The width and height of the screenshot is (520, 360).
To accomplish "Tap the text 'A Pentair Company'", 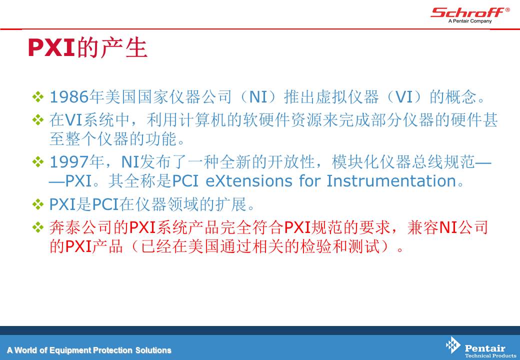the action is click(470, 21).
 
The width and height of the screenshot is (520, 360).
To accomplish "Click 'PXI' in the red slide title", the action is click(51, 47).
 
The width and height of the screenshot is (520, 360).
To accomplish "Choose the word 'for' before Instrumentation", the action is click(309, 181).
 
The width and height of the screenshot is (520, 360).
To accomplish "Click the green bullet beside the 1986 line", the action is click(38, 97).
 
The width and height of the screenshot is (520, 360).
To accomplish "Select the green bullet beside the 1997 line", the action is click(38, 162).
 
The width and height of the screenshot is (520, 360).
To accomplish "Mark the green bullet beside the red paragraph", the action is click(38, 227).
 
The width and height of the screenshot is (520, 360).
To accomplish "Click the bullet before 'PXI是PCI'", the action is click(38, 204).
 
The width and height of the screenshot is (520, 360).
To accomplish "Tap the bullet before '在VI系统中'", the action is click(38, 120).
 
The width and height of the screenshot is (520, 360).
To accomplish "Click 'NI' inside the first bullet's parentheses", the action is click(258, 97).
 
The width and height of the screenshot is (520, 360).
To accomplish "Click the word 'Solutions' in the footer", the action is click(153, 350).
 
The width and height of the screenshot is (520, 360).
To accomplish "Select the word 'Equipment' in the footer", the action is click(70, 350).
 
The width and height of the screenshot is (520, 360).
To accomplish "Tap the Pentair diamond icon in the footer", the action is click(452, 345).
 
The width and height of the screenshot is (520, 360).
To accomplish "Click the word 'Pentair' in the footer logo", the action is click(485, 348).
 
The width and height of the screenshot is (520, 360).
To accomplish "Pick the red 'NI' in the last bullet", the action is click(448, 227).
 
